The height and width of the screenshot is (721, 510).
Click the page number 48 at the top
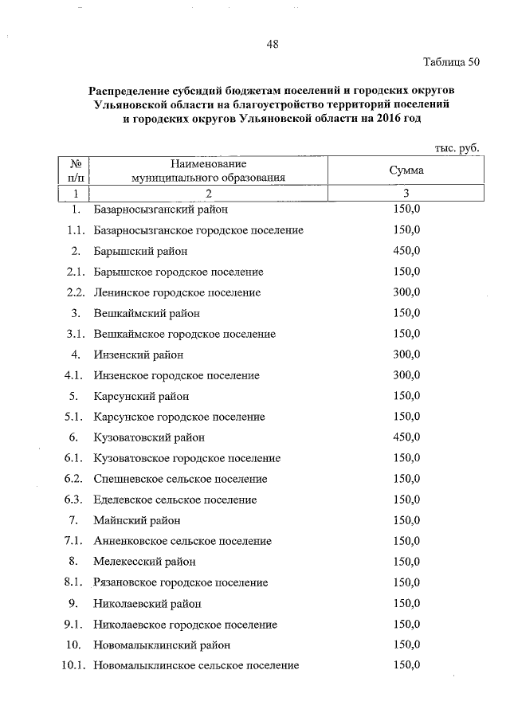(x=272, y=45)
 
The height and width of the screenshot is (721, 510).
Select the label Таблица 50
(x=452, y=62)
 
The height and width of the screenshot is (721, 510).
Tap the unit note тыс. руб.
(x=457, y=149)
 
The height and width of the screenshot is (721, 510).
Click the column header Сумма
(x=406, y=170)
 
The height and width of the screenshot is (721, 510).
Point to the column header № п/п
(x=76, y=170)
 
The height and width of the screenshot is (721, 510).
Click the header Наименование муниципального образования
(x=208, y=170)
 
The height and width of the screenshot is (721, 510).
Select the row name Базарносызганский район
(x=160, y=210)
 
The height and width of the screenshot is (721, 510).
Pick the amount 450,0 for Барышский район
(x=406, y=251)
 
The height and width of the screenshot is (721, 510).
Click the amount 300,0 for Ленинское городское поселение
(x=406, y=292)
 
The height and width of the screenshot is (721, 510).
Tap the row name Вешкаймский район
(x=147, y=313)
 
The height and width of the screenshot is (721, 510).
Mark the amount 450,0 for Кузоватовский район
(x=406, y=437)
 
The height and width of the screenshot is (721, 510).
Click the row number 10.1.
(x=73, y=665)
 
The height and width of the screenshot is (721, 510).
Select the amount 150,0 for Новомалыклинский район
(x=406, y=645)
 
